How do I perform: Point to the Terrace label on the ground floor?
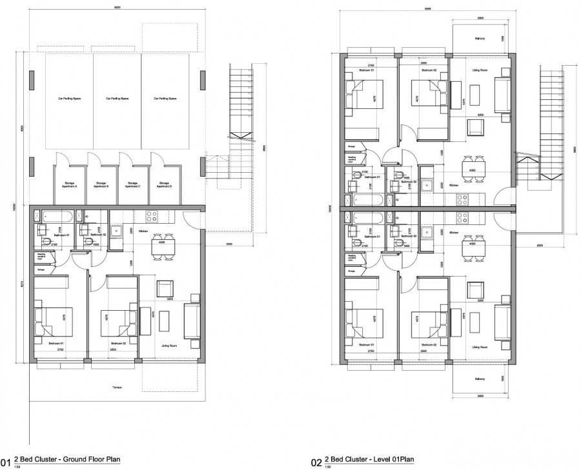pyautogui.click(x=116, y=387)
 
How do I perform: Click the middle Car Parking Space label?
pyautogui.click(x=117, y=99)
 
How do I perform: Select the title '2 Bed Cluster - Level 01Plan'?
pyautogui.click(x=369, y=460)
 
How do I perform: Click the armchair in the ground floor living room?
pyautogui.click(x=165, y=288)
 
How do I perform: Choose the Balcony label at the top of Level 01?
pyautogui.click(x=480, y=39)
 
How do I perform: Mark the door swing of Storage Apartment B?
pyautogui.click(x=92, y=159)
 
